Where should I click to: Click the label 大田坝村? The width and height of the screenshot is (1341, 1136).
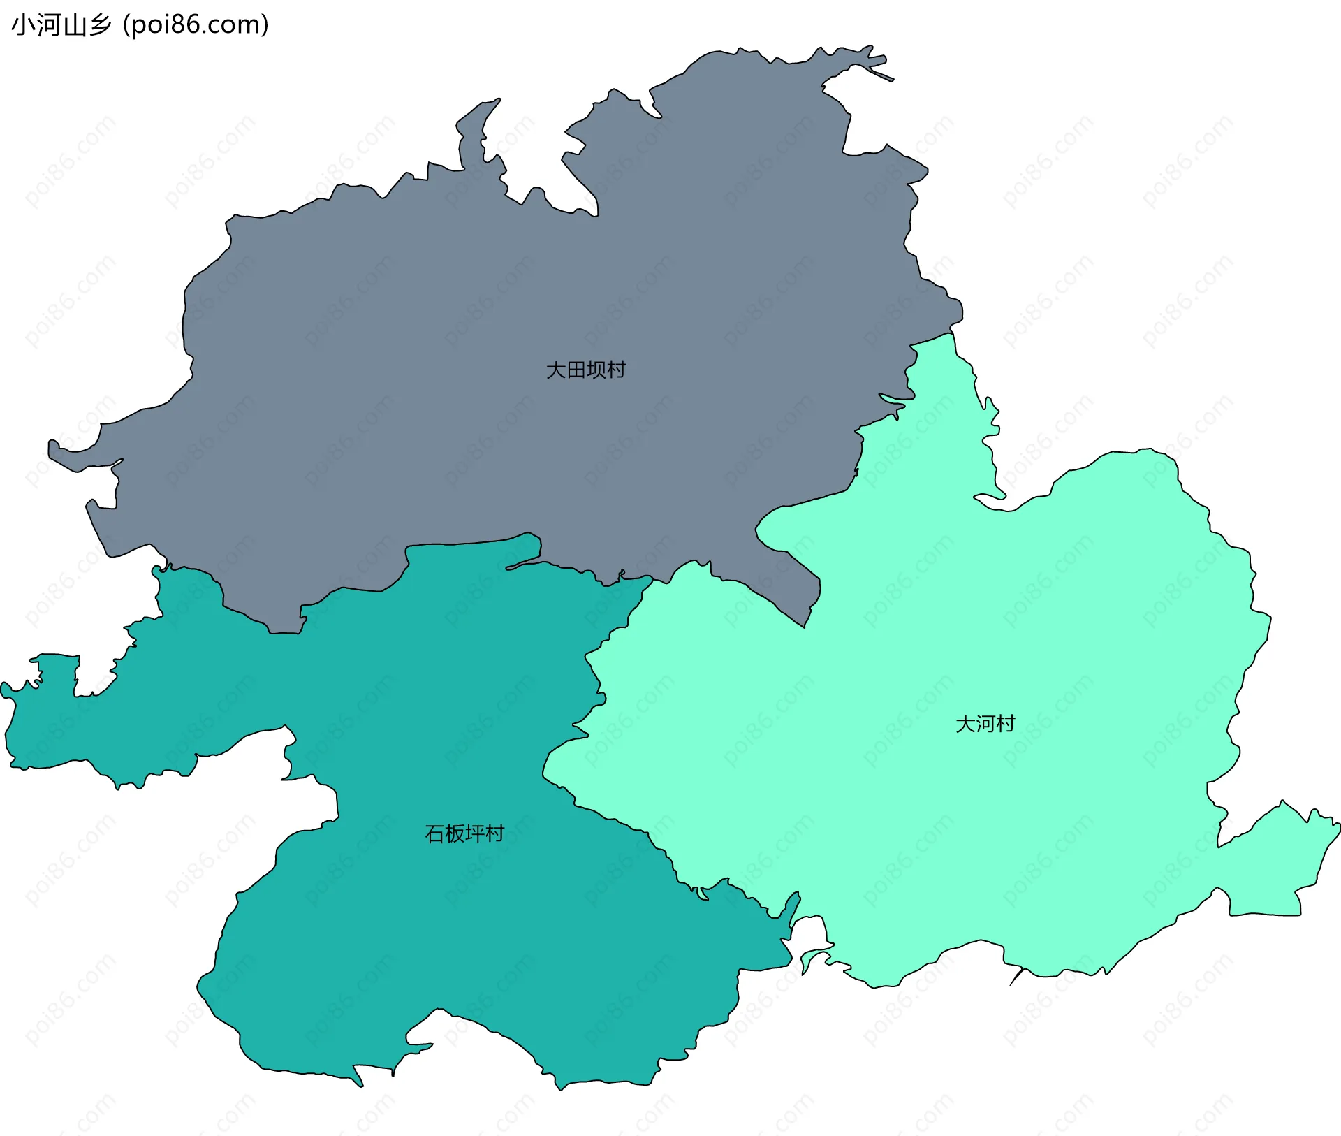point(585,370)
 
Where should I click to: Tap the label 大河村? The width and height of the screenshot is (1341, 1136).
point(985,724)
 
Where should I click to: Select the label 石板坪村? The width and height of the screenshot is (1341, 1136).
point(464,833)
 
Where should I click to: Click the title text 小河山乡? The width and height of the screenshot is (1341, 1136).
point(61,25)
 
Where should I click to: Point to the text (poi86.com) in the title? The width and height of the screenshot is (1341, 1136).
point(196,25)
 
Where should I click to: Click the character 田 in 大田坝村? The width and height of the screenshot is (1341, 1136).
point(576,370)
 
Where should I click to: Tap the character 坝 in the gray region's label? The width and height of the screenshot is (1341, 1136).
point(596,370)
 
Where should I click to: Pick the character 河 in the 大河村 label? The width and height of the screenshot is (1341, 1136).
point(985,724)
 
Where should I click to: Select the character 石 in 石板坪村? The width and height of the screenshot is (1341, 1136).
point(434,833)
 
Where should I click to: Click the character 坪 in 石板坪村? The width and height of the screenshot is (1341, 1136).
point(474,833)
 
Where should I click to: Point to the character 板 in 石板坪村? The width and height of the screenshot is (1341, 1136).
point(455,833)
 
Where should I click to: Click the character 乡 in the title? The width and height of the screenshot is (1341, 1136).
point(100,25)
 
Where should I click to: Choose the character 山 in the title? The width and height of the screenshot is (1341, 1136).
point(75,25)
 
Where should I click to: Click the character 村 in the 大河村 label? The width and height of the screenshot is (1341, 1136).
point(1005,724)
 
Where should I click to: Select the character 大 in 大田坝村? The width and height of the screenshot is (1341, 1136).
point(555,370)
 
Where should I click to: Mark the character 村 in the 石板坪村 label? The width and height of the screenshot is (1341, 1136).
point(494,833)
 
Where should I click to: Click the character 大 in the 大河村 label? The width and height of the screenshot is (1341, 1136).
point(965,724)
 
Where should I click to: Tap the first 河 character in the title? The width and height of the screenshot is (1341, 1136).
point(49,25)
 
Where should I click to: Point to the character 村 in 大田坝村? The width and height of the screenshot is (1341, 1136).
point(616,370)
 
